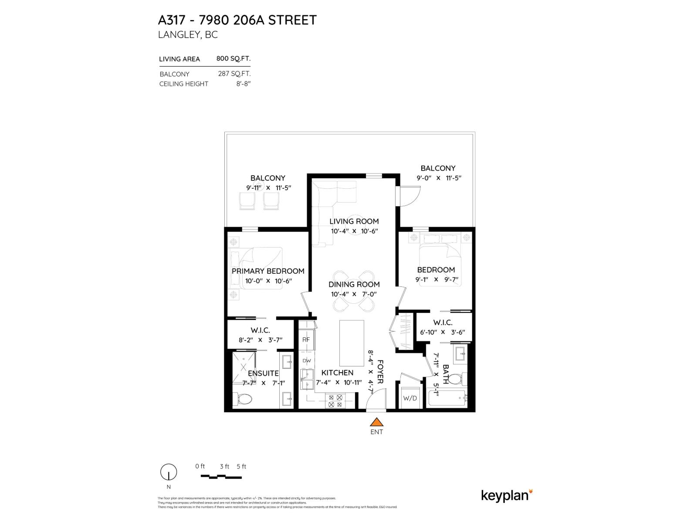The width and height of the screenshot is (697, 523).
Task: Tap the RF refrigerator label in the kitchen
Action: pyautogui.click(x=306, y=340)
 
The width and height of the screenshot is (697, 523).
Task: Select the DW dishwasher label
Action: pyautogui.click(x=307, y=360)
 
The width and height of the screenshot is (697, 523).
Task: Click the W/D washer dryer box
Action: pyautogui.click(x=409, y=398)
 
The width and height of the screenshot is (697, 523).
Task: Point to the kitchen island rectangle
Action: pyautogui.click(x=352, y=343)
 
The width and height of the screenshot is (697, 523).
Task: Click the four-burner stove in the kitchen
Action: pyautogui.click(x=335, y=401)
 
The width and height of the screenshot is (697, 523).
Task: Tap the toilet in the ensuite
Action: pyautogui.click(x=242, y=399)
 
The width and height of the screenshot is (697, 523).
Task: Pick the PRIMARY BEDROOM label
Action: pyautogui.click(x=268, y=271)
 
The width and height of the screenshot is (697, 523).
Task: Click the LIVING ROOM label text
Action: pyautogui.click(x=354, y=221)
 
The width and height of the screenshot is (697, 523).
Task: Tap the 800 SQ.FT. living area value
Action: pyautogui.click(x=233, y=58)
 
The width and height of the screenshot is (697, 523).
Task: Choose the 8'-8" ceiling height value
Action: pyautogui.click(x=244, y=84)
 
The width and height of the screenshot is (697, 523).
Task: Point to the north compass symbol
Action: pyautogui.click(x=169, y=472)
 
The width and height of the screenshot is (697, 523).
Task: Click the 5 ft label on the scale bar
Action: pyautogui.click(x=241, y=466)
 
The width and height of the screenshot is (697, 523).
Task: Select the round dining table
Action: pyautogui.click(x=354, y=291)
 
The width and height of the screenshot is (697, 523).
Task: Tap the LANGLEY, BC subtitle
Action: pyautogui.click(x=188, y=35)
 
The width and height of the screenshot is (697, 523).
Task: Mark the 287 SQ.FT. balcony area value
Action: pyautogui.click(x=234, y=74)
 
